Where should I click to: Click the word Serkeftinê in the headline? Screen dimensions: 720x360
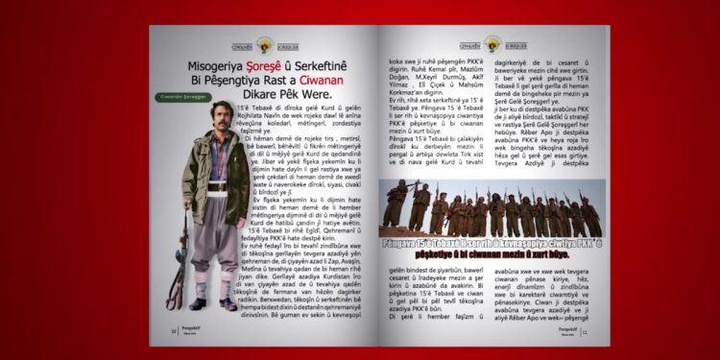331,65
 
